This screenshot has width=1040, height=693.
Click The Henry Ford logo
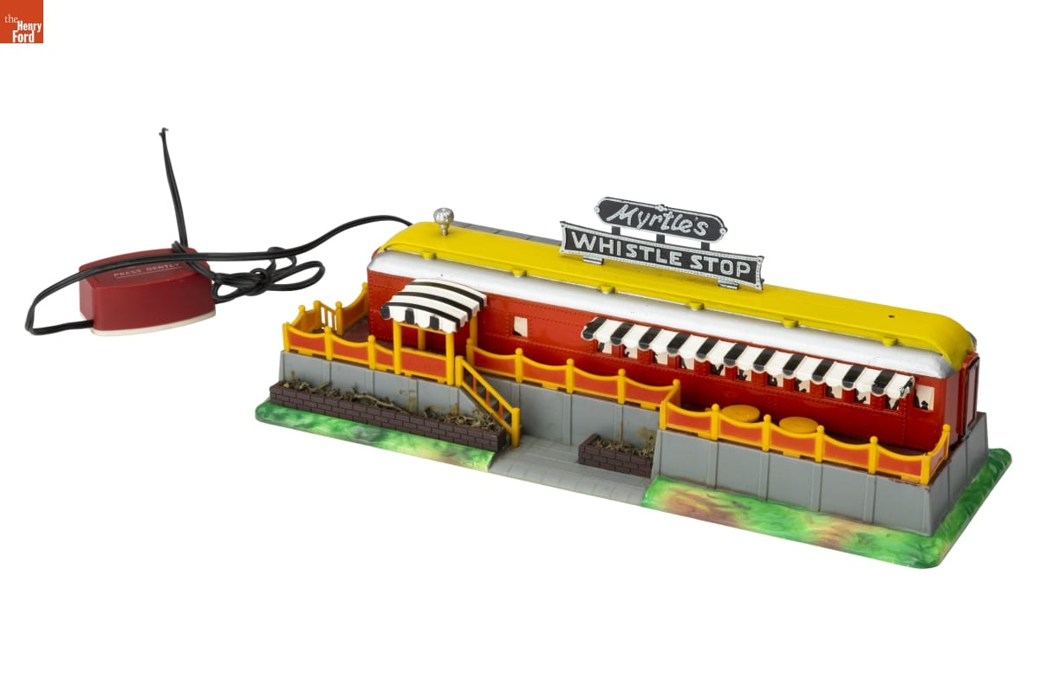[22, 22]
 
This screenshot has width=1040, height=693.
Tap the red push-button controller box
[146, 289]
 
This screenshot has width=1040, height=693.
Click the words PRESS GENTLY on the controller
[146, 270]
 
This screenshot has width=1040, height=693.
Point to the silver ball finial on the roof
[444, 221]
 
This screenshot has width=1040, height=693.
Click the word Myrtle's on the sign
[660, 225]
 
